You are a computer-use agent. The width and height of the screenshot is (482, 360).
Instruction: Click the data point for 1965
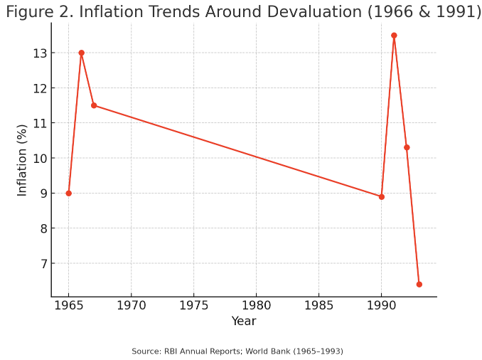(69, 194)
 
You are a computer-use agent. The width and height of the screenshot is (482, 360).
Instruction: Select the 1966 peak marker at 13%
(81, 53)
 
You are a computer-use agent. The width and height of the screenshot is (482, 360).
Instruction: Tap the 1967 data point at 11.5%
(94, 105)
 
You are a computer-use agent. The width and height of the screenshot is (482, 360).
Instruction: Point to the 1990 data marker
(382, 196)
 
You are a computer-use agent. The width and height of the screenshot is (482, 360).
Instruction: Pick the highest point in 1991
(394, 36)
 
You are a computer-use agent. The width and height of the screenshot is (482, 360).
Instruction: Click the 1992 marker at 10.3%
(407, 147)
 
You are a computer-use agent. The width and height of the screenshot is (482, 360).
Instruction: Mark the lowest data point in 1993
(419, 284)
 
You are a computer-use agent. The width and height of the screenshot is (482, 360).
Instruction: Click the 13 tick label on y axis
(39, 53)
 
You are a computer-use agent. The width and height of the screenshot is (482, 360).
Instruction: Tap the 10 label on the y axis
(39, 159)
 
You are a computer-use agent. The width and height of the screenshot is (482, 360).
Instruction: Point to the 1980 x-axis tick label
(256, 307)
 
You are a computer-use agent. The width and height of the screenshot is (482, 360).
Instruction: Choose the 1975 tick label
(193, 307)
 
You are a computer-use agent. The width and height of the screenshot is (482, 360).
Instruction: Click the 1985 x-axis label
(318, 307)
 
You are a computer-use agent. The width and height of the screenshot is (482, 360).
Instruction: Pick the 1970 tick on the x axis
(131, 307)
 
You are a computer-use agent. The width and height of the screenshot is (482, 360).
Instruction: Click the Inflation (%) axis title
(22, 159)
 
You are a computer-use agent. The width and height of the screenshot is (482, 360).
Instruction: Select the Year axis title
(244, 322)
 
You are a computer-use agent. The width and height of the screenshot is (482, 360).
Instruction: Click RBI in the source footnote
(170, 351)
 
